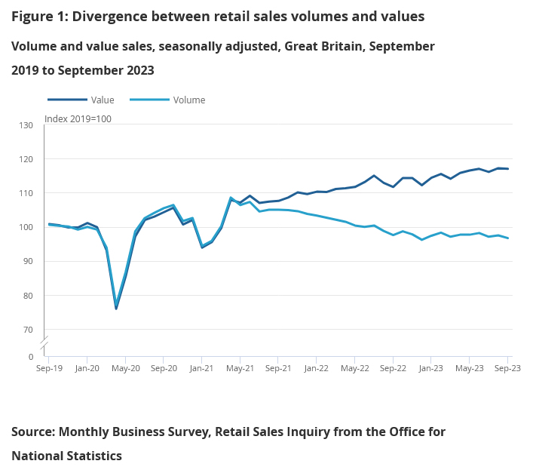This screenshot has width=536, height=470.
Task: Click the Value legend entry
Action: (x=102, y=100)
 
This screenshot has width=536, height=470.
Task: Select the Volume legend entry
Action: (x=188, y=100)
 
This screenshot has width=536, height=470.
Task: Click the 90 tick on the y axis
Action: (x=28, y=261)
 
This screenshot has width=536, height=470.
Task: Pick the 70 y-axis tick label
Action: (x=28, y=330)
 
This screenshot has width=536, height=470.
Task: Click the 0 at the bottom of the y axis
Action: (x=31, y=357)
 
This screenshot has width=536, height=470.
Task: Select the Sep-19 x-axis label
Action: (x=50, y=369)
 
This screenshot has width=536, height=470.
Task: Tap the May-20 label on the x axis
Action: (x=126, y=369)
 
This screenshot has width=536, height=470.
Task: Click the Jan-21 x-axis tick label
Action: (x=202, y=369)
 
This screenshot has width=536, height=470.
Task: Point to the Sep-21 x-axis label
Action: (x=278, y=369)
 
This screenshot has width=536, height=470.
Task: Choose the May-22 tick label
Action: (x=354, y=369)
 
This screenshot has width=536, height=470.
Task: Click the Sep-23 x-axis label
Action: (x=507, y=369)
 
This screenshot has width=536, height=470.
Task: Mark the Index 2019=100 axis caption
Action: (x=78, y=118)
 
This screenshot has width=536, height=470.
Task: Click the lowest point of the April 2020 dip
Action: (x=116, y=308)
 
